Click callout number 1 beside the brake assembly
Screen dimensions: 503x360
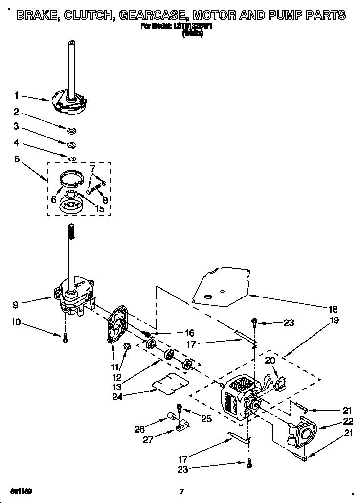[x=16, y=95]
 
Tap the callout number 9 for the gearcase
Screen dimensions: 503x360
[x=16, y=304]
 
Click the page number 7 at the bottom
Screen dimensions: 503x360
[x=181, y=491]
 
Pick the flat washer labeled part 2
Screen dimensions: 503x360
[x=71, y=130]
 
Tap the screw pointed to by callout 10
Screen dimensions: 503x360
[x=65, y=339]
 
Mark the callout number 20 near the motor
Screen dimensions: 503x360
[x=270, y=361]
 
